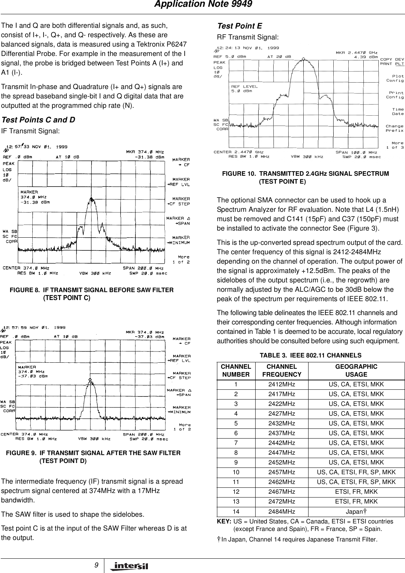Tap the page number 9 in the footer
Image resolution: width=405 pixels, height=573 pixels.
[97, 565]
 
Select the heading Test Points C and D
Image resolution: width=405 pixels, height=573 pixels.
[38, 120]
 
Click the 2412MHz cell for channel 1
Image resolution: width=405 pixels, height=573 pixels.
[282, 385]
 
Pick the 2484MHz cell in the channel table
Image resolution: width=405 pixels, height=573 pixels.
[282, 511]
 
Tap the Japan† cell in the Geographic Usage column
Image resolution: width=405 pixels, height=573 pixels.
[356, 511]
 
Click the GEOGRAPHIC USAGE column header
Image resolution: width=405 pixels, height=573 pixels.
[356, 370]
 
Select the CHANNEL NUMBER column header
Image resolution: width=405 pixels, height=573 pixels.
[236, 370]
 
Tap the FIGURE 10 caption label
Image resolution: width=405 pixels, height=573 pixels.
[239, 173]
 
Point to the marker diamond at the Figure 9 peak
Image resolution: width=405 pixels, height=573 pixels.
[90, 380]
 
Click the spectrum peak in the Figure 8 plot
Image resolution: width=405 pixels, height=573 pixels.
[92, 198]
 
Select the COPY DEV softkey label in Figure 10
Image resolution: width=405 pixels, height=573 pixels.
[392, 59]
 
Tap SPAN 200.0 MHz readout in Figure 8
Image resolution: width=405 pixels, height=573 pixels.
[143, 268]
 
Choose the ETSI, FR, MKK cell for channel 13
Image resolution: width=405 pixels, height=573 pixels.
[356, 502]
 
